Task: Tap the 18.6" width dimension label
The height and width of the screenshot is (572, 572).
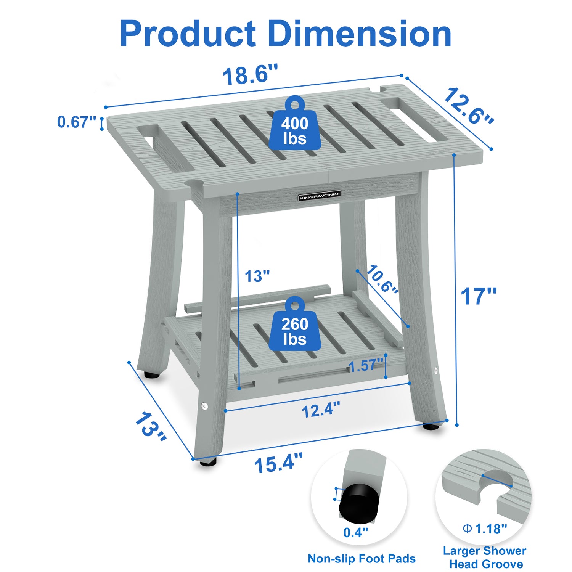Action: tap(250, 75)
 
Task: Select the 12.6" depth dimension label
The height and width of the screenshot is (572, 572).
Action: tap(468, 106)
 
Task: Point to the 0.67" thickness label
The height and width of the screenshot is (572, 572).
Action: tap(76, 122)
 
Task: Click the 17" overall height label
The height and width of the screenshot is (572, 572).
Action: tap(479, 296)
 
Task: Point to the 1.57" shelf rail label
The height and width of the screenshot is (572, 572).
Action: tap(365, 366)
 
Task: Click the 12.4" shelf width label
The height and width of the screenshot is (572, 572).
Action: tap(320, 410)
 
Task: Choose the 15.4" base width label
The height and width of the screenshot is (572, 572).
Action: tap(278, 464)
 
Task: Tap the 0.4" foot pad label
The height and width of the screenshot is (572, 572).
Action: tap(355, 532)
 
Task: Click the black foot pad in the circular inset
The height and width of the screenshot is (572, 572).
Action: tap(359, 503)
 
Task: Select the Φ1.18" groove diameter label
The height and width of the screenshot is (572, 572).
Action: tap(485, 529)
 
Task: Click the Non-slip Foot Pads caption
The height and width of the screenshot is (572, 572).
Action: tap(362, 559)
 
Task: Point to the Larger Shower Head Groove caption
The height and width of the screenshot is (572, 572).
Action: tap(485, 557)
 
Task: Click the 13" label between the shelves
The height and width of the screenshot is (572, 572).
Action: tap(257, 276)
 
